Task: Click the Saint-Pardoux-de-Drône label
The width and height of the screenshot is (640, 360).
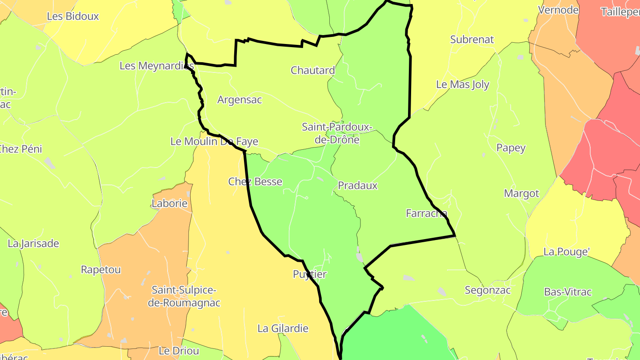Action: (x=336, y=133)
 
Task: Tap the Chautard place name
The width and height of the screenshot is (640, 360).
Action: (x=312, y=70)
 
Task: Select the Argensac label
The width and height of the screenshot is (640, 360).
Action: (x=240, y=100)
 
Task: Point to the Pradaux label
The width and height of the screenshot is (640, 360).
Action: (x=358, y=186)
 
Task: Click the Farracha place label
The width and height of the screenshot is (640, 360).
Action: (x=427, y=213)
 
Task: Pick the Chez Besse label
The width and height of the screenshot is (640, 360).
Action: (x=255, y=181)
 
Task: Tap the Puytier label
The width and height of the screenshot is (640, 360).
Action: (x=310, y=274)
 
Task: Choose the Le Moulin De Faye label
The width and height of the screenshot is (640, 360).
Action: (x=214, y=142)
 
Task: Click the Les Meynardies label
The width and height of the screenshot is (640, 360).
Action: (x=157, y=66)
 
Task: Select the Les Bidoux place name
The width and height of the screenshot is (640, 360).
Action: (x=73, y=16)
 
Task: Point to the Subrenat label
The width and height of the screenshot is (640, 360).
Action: (x=472, y=40)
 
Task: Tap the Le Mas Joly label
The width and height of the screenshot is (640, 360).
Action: (x=463, y=84)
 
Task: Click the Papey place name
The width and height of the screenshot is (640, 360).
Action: (x=511, y=148)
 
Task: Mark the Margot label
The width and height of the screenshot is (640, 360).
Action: (x=521, y=193)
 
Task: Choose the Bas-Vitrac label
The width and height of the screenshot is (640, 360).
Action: (x=568, y=292)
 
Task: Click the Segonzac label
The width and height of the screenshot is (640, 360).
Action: (x=488, y=291)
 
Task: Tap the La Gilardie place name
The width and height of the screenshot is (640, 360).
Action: (x=283, y=328)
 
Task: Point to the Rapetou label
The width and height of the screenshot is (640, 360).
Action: (x=100, y=270)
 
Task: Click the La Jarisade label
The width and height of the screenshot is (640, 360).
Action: (x=33, y=244)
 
